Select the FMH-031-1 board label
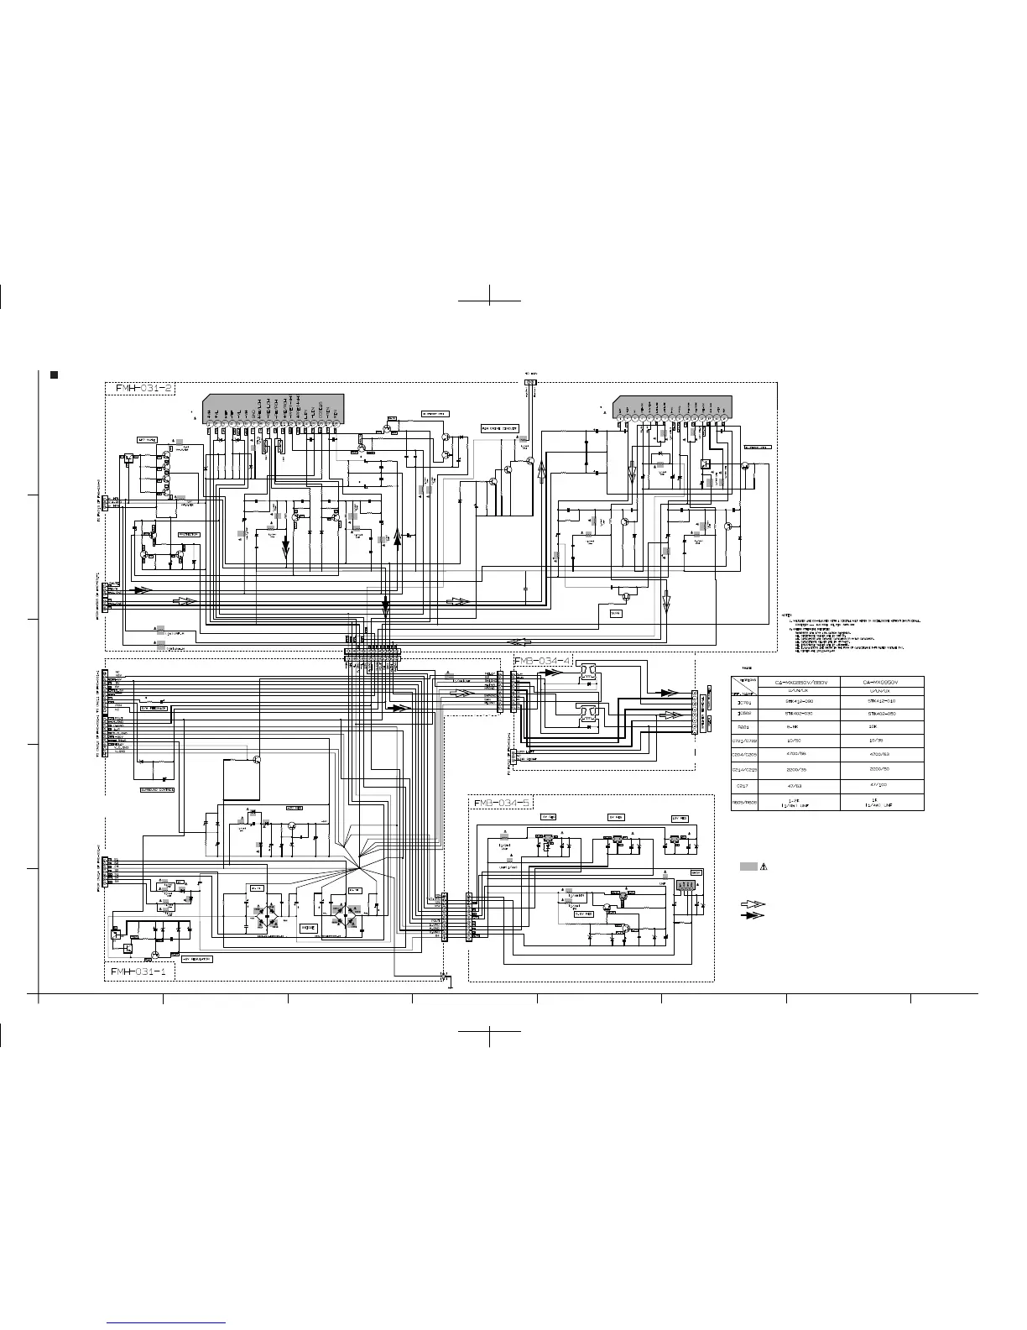click(139, 971)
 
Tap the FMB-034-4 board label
click(542, 662)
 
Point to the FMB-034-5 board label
click(502, 804)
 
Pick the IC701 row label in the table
click(743, 702)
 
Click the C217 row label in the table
click(743, 786)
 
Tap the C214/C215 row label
click(743, 769)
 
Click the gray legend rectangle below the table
click(748, 867)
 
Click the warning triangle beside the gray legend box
click(764, 867)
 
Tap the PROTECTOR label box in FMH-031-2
click(188, 534)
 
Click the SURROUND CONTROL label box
click(156, 790)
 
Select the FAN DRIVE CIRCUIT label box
click(498, 428)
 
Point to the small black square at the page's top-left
click(54, 373)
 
